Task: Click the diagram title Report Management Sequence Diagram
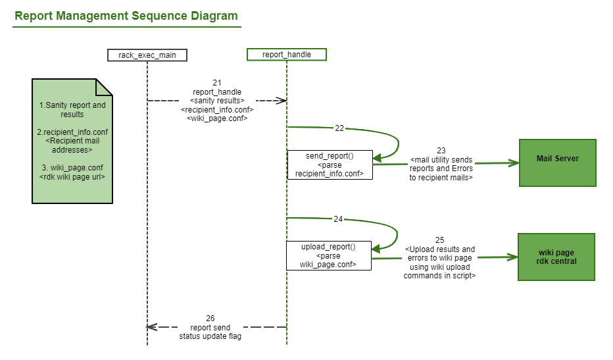coord(126,16)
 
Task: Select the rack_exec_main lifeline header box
coord(147,55)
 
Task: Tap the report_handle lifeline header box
coord(287,55)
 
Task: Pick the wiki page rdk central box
coord(556,257)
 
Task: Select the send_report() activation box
coord(330,165)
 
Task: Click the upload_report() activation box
coord(328,255)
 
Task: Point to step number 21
coord(217,83)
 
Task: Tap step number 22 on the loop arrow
coord(339,128)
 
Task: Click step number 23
coord(441,150)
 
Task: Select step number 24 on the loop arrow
coord(338,219)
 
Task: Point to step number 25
coord(439,240)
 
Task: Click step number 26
coord(210,318)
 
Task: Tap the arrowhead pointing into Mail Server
coord(514,163)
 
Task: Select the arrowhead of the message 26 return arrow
coord(151,327)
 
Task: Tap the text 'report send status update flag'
coord(210,332)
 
